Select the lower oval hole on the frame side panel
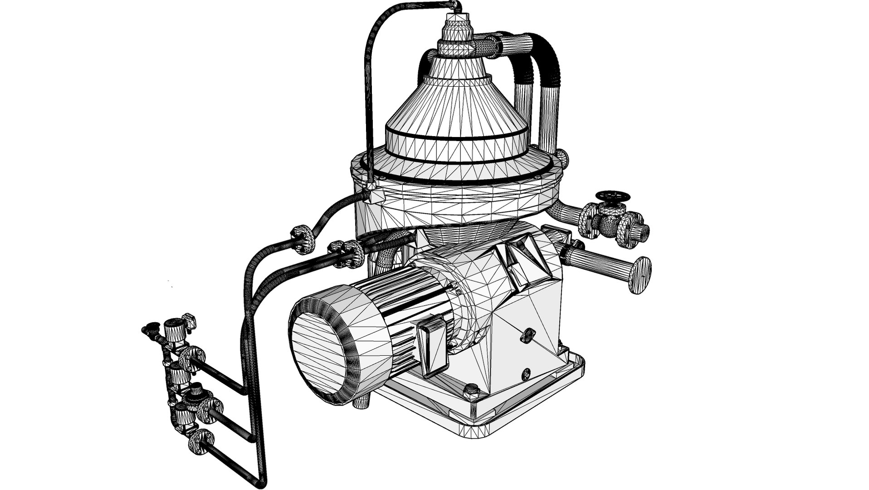click(526, 374)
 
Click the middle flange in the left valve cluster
click(208, 410)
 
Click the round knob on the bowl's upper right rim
click(562, 157)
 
